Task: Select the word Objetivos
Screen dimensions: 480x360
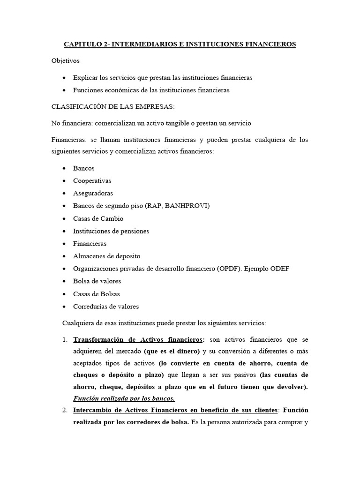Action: tap(66, 61)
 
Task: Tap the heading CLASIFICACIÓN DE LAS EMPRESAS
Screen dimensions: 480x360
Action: tap(112, 107)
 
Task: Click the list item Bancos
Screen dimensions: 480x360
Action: tap(83, 168)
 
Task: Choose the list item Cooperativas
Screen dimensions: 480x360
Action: tap(92, 181)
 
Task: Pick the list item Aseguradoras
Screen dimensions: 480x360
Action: tap(93, 193)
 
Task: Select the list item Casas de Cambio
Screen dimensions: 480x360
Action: tap(98, 218)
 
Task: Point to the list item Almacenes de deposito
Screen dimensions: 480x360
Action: tap(106, 256)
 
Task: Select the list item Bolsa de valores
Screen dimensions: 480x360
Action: tap(97, 281)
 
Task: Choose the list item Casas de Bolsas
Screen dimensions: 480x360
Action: tap(96, 294)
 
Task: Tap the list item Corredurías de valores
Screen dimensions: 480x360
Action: tap(106, 307)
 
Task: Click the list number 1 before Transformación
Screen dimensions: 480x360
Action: tap(65, 339)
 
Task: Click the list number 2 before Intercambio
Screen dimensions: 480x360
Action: tap(65, 410)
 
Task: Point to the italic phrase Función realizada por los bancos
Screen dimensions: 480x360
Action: tap(124, 398)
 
